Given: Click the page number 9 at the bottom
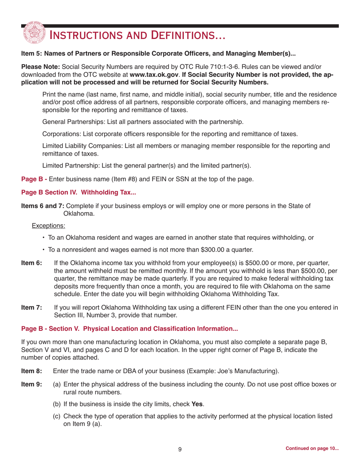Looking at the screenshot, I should pos(180,449).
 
